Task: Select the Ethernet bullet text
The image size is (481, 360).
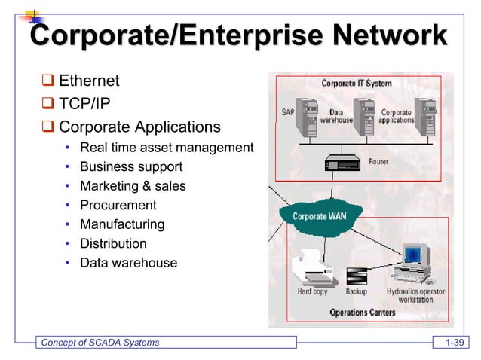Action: click(89, 81)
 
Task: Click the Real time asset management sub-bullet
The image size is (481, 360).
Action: click(167, 148)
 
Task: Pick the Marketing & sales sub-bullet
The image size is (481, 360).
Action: click(133, 186)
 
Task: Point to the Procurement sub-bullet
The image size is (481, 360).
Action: click(118, 206)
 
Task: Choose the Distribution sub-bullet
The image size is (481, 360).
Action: click(113, 244)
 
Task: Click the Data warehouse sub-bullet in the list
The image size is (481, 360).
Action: click(128, 264)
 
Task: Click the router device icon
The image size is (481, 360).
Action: click(343, 163)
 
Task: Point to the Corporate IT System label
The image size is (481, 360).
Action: click(357, 84)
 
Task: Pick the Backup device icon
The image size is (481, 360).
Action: click(357, 276)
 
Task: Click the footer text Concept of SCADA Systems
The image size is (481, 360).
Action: click(100, 343)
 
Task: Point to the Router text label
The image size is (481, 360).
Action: click(378, 162)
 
